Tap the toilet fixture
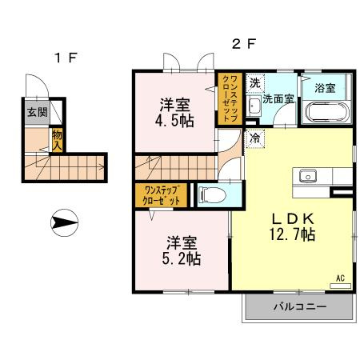tap(213, 194)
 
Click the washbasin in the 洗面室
tap(254, 107)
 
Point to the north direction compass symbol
tap(64, 222)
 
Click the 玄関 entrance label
tap(38, 112)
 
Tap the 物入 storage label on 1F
tap(57, 141)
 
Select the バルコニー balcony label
tap(300, 306)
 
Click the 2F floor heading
tap(244, 44)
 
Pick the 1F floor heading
tap(66, 58)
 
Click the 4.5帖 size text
tap(174, 121)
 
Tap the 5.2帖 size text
tap(182, 258)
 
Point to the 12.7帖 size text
tap(292, 234)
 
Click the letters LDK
tap(293, 219)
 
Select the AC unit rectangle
tap(340, 286)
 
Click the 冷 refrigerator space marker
tap(255, 138)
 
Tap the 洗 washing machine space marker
tap(255, 83)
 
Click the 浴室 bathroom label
tap(325, 88)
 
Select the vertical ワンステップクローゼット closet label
tap(230, 98)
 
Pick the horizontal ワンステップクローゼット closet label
tap(161, 195)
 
